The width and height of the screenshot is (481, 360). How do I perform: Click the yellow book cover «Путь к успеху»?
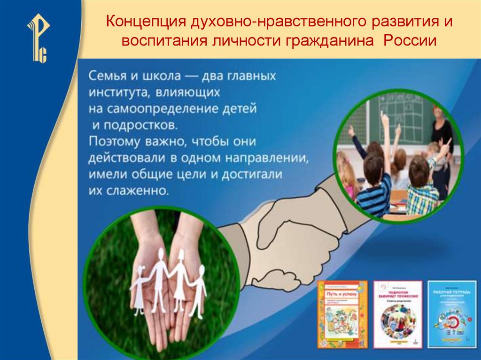342,314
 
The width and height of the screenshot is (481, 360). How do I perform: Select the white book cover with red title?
397,314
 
